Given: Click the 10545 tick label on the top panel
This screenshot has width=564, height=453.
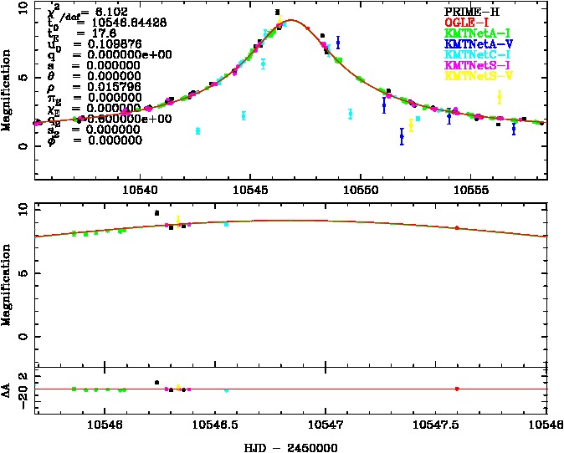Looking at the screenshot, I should click(250, 189).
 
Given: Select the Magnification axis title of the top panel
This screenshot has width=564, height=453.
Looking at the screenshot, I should click(8, 89).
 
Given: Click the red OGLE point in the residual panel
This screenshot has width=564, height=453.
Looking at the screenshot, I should click(456, 389).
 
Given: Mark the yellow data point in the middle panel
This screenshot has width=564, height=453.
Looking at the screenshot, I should click(178, 220).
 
